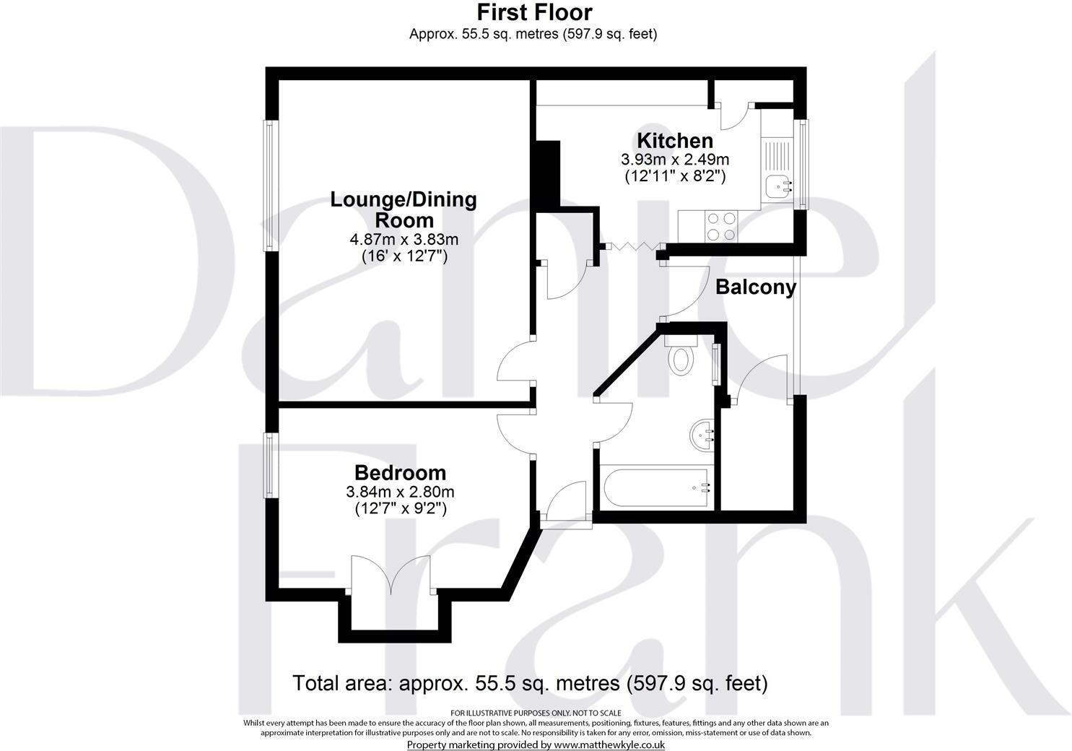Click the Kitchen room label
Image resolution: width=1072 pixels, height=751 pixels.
coord(674,141)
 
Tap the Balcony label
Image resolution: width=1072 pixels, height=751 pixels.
coord(755,287)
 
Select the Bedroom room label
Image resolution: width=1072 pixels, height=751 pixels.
coord(400,473)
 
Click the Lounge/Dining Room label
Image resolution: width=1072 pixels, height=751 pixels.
coord(404,209)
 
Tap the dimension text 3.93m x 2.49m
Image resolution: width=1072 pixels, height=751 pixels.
coord(674,159)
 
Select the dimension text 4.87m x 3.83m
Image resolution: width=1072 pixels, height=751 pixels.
coord(404,239)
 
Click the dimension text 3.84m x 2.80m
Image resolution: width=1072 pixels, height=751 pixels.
coord(400,492)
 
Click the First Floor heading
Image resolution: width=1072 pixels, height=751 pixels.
coord(534,12)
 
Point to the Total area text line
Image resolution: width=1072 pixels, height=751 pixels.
coord(530,682)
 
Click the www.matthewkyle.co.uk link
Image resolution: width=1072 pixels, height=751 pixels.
coord(609,745)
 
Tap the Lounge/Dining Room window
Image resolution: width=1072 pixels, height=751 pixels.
coord(271,186)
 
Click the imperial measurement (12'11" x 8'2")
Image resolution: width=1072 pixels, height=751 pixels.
coord(674,175)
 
